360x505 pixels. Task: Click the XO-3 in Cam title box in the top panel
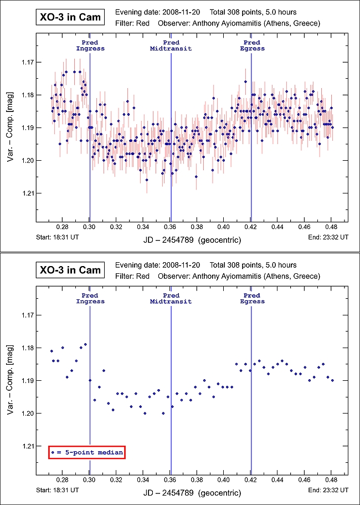[x=69, y=17]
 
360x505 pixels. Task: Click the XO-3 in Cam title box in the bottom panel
[x=69, y=270]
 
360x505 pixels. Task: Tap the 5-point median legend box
[x=86, y=452]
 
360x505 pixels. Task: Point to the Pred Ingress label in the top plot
[x=90, y=45]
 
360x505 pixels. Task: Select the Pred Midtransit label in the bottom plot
[x=171, y=298]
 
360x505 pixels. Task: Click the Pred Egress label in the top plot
[x=251, y=45]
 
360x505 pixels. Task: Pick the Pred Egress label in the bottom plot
[x=251, y=298]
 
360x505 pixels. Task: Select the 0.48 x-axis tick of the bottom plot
[x=332, y=480]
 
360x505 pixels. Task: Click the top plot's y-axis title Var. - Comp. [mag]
[x=11, y=127]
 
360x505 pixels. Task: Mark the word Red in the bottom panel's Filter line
[x=142, y=276]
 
